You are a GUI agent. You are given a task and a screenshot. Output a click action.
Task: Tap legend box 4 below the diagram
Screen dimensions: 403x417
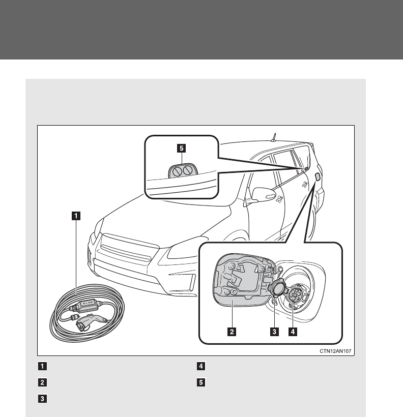[200, 366]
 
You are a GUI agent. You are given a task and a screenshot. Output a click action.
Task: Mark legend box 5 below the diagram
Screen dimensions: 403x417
[200, 382]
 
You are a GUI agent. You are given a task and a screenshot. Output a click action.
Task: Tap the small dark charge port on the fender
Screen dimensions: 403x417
[318, 176]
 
